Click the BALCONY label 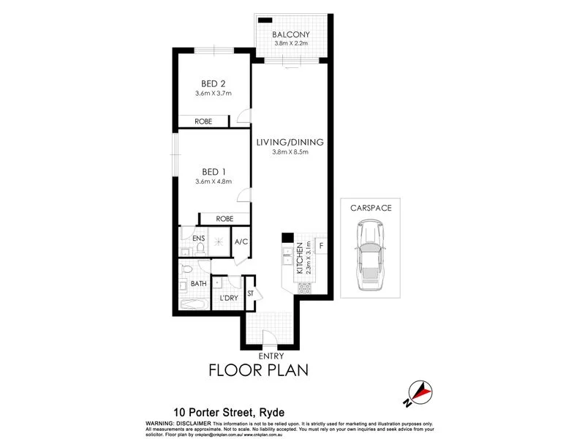tap(291, 34)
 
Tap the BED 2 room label tap(213, 83)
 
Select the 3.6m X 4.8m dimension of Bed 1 tap(213, 181)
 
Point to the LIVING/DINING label tap(290, 142)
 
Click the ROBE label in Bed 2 tap(203, 121)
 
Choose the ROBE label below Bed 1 tap(225, 218)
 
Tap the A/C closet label tap(241, 241)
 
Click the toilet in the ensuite tap(186, 250)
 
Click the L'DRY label tap(229, 299)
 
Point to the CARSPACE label tap(371, 208)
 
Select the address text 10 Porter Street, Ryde tap(228, 413)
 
